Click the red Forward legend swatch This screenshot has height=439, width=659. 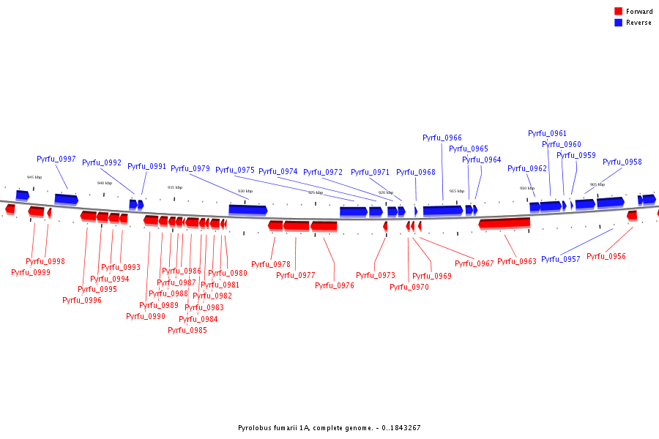coord(619,12)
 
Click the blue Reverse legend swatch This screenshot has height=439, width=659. coord(619,23)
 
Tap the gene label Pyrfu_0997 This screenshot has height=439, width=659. coord(56,159)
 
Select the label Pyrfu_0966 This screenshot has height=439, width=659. coord(442,138)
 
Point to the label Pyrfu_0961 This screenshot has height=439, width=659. coord(547,133)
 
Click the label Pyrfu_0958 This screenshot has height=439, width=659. coord(622,162)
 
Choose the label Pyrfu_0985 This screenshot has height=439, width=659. coord(187,330)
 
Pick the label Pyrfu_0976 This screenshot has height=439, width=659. coord(335,285)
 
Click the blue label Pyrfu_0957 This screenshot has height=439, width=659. coord(561,259)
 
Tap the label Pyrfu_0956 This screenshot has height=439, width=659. coord(606,256)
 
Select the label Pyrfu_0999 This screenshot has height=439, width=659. coord(31,272)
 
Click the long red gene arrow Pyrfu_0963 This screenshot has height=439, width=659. coord(505,222)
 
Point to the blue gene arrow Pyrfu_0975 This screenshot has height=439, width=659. coord(247,210)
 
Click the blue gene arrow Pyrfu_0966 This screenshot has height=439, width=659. coord(442,210)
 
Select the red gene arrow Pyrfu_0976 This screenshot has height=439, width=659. coord(324,225)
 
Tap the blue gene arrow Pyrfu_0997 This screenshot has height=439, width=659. coord(66,199)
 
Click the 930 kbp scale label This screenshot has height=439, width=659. coord(245,192)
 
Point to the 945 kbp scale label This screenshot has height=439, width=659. coord(34,177)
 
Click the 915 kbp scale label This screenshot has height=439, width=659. coord(456,191)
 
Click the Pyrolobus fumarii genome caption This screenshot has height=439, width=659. coord(329,428)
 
